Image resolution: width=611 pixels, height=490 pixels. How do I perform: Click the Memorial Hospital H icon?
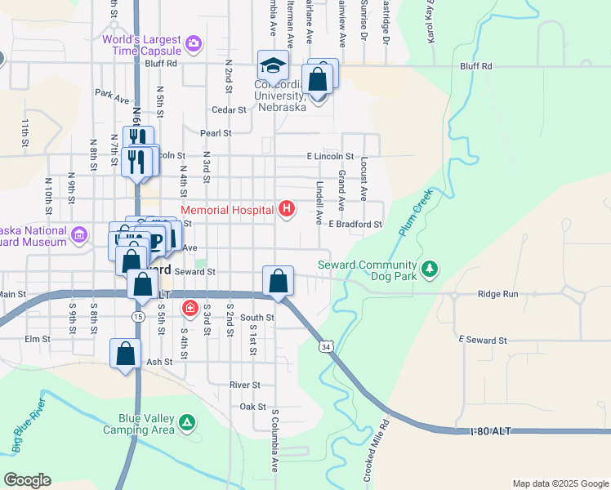tap(287, 210)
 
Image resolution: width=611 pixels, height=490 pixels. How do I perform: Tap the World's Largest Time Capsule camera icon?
tap(194, 42)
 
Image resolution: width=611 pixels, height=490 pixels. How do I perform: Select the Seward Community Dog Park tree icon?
tap(430, 268)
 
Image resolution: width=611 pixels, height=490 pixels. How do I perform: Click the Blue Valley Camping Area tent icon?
tap(188, 422)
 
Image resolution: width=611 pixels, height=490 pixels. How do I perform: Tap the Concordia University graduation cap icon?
tap(273, 65)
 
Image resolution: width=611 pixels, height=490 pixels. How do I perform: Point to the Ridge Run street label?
tap(498, 293)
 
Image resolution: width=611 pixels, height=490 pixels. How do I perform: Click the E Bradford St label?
tap(355, 224)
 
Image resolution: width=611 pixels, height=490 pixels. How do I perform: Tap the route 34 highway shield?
tap(325, 347)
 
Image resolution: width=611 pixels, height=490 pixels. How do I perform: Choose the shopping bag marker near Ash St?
tap(126, 354)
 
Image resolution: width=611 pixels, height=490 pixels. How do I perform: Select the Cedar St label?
tap(229, 109)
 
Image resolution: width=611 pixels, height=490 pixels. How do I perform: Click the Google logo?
tap(27, 480)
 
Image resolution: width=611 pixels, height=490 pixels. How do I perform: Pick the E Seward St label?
tap(483, 340)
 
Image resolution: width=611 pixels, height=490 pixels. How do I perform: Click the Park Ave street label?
tap(112, 97)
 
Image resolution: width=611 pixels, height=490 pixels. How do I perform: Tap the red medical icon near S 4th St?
tap(190, 308)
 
